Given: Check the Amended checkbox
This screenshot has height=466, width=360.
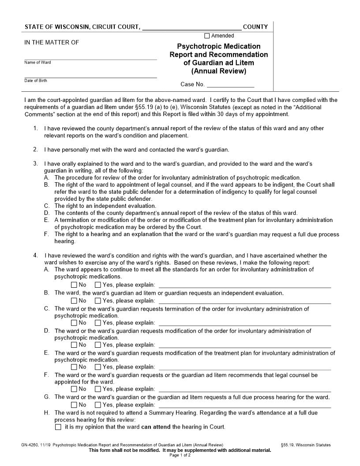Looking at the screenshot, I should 207,36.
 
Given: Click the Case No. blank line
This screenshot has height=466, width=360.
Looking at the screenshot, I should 230,85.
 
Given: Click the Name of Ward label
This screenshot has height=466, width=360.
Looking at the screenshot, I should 37,63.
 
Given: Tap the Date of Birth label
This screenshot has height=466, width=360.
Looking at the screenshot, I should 36,81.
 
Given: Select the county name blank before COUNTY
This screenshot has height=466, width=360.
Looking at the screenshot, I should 191,27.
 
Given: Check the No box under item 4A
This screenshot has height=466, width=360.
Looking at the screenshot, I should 74,285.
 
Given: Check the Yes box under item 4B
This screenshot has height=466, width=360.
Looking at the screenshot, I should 98,301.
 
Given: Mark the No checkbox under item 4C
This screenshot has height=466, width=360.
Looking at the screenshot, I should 74,323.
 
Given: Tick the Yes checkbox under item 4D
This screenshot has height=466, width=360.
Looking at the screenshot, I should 98,345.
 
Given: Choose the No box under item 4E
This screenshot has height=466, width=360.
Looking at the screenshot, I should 74,367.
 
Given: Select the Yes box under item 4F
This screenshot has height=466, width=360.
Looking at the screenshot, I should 98,389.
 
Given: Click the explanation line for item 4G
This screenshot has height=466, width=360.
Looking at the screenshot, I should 244,405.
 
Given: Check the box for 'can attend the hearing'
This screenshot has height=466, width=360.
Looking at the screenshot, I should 58,427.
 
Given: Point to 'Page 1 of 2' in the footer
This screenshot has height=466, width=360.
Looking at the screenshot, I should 180,455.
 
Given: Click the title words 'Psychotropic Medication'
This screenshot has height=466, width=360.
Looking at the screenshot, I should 219,46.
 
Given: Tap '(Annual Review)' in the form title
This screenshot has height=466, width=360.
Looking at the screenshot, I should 219,71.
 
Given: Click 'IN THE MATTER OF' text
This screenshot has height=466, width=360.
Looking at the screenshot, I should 52,43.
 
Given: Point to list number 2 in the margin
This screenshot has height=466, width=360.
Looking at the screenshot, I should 35,149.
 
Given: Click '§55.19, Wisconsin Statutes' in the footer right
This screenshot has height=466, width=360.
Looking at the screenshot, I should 305,445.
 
